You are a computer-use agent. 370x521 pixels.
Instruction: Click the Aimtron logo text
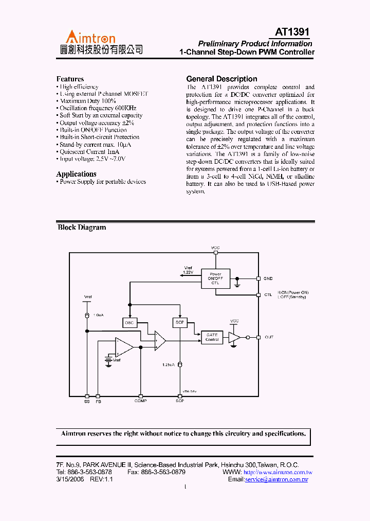90,37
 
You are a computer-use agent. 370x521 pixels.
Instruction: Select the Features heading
70,79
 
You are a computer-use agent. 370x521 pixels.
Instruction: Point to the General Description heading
221,79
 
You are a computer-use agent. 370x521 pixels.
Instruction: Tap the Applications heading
76,174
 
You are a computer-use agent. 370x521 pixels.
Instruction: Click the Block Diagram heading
82,228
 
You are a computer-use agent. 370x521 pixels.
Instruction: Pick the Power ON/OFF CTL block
215,279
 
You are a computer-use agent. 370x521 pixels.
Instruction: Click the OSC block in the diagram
129,323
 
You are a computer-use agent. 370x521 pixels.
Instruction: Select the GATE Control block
212,337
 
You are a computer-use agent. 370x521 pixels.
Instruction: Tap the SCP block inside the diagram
180,323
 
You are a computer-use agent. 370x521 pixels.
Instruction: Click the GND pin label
268,279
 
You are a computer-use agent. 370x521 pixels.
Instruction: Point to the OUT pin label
269,337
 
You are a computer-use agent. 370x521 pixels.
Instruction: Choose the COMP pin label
140,401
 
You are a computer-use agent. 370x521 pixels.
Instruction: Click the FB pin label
98,401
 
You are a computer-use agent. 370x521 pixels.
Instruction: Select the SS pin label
87,401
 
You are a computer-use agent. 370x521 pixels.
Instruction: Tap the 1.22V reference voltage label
189,271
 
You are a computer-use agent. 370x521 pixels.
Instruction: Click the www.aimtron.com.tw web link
277,472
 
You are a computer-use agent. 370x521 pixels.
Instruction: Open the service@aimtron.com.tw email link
276,479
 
